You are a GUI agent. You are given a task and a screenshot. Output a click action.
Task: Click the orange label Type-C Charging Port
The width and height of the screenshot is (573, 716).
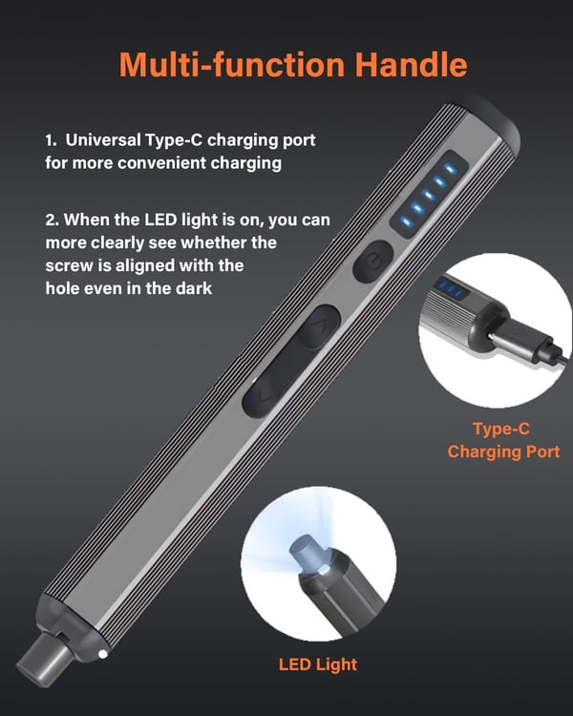pyautogui.click(x=503, y=440)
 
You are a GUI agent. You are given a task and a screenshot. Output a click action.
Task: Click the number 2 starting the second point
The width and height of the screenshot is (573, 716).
pyautogui.click(x=50, y=220)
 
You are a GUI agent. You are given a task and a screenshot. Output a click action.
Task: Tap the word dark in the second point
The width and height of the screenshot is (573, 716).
pyautogui.click(x=218, y=286)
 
